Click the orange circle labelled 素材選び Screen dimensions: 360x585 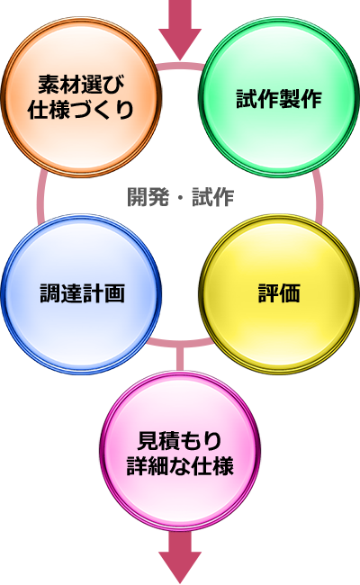(81, 96)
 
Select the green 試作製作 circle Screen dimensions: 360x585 (279, 96)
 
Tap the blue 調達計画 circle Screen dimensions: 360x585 (81, 294)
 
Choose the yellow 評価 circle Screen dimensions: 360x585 (279, 294)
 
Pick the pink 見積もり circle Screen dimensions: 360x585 (180, 451)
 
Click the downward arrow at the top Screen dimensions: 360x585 (180, 30)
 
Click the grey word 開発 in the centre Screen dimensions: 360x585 (148, 196)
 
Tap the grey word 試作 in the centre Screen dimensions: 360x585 (213, 196)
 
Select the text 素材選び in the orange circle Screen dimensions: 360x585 (81, 85)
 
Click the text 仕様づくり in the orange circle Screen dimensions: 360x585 (81, 110)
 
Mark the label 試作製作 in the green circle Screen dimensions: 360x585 (279, 98)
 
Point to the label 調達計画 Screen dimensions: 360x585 (82, 293)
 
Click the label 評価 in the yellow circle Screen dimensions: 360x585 (279, 293)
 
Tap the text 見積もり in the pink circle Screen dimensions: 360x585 (180, 441)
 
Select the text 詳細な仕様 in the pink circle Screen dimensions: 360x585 (180, 465)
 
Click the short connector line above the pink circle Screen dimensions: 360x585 (180, 359)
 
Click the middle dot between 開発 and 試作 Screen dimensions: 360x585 (181, 198)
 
